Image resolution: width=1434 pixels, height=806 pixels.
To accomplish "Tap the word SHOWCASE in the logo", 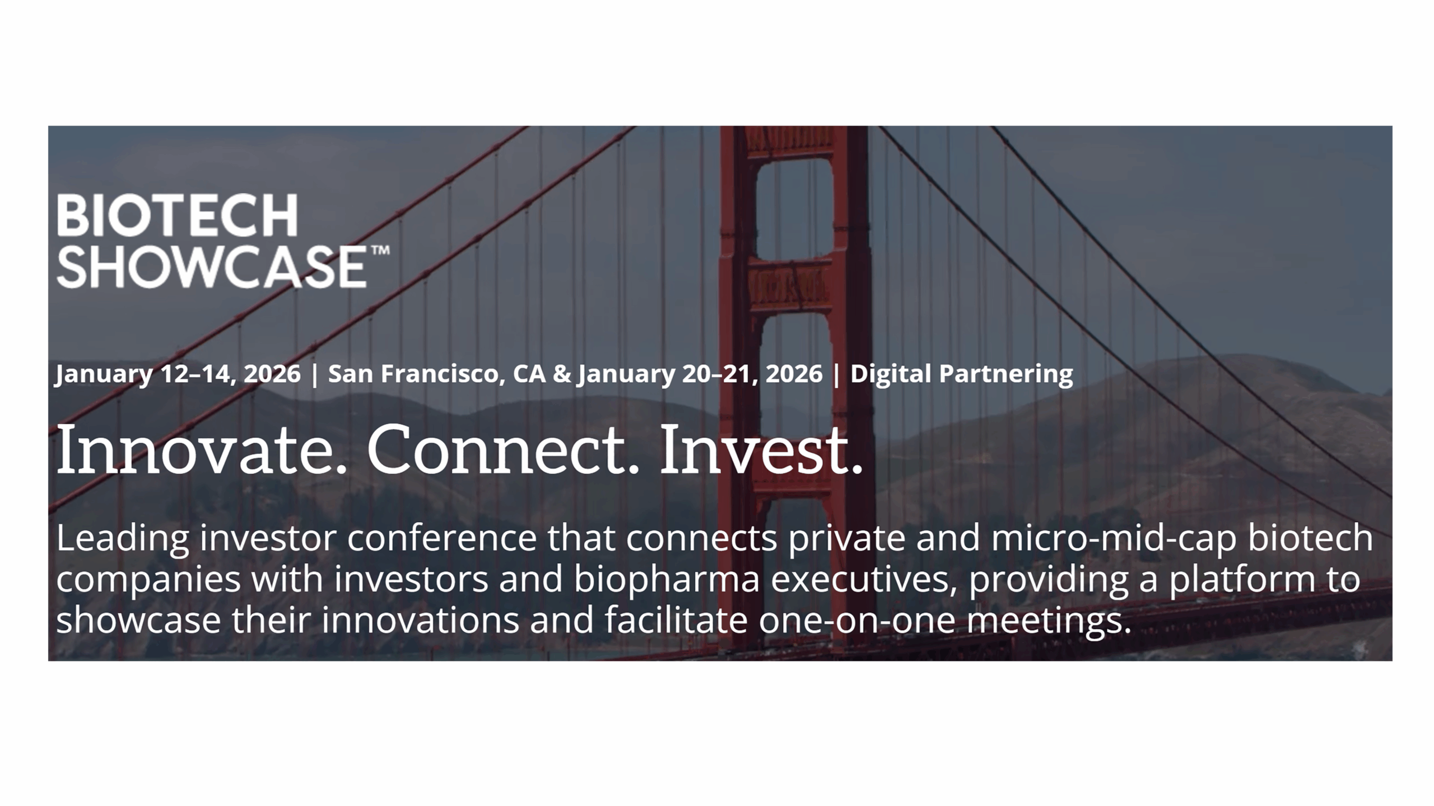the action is point(212,267).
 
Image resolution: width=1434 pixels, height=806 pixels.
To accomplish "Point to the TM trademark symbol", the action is point(380,250).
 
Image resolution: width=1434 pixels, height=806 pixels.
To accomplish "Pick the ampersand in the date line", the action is point(562,374).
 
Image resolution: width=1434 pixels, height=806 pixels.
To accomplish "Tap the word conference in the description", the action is point(442,538).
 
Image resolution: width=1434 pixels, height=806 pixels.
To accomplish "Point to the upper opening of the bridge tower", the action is point(794,209).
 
